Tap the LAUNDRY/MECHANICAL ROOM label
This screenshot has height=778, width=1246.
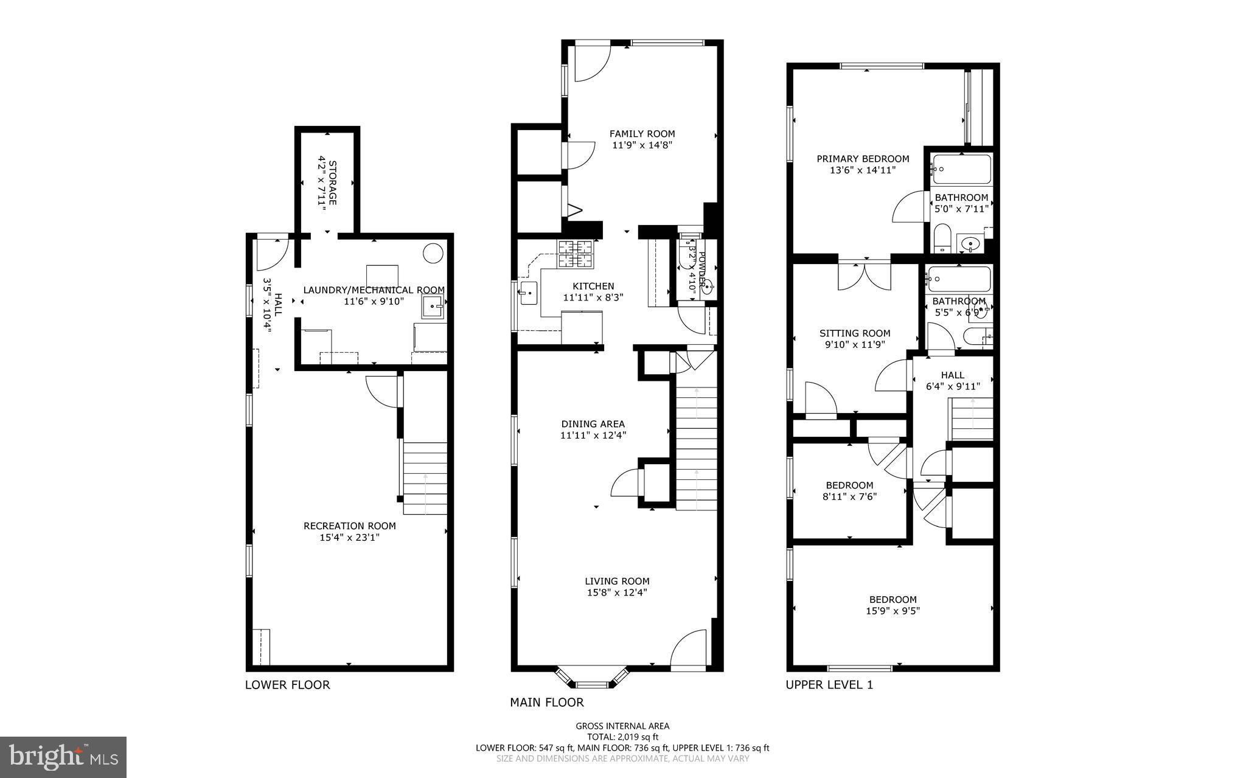[374, 290]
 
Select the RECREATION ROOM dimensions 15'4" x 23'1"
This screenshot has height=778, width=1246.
[349, 537]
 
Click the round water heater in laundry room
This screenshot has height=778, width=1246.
[433, 252]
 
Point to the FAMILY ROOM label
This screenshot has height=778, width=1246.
[642, 134]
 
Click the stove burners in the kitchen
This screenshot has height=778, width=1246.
[576, 254]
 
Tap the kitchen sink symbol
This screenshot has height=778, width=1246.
[528, 293]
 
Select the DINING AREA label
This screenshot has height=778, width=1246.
[593, 424]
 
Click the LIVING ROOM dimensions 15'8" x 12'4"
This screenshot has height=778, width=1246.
[617, 592]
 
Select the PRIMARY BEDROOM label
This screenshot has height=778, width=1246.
[863, 159]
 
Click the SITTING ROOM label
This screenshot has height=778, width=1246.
[854, 333]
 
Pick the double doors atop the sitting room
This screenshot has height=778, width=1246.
[865, 274]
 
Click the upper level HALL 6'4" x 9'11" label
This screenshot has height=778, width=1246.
[952, 375]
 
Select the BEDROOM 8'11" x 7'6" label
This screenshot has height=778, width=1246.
[849, 485]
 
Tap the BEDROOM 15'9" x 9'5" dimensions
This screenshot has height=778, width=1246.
[893, 611]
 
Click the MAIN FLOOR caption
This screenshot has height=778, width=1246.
[546, 703]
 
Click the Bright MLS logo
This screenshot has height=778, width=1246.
[63, 757]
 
